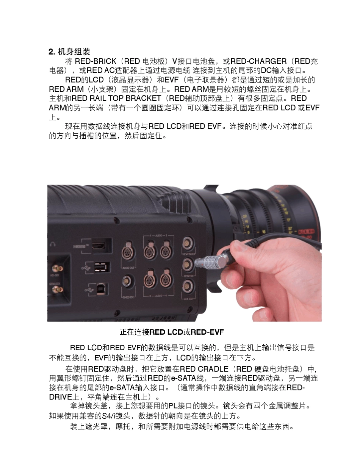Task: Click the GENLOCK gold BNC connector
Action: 58,289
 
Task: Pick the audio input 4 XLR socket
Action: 166,280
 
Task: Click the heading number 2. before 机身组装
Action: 52,52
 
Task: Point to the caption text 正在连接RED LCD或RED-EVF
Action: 172,332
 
